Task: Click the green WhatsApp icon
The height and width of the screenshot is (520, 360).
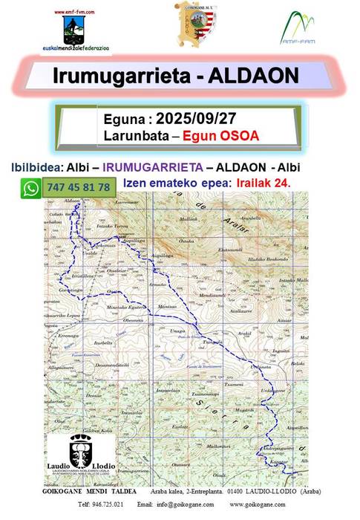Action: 30,189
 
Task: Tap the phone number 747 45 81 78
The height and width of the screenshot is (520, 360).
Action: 78,188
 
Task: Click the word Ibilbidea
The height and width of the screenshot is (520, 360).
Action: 39,167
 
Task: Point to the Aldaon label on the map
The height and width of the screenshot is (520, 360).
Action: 73,201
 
